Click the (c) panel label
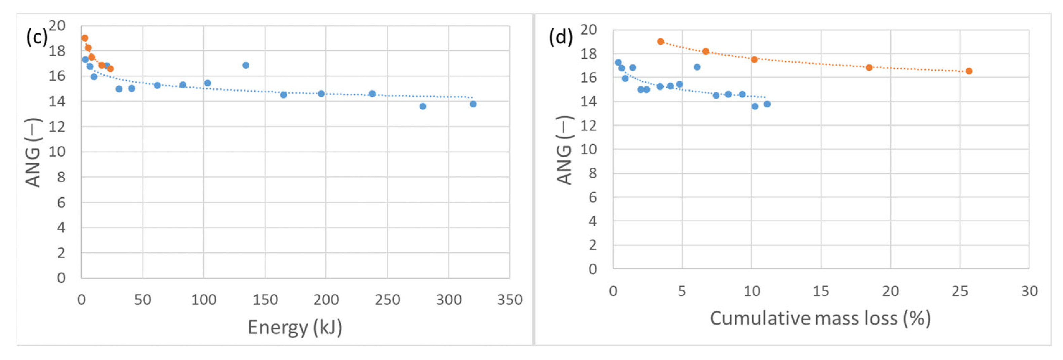(x=37, y=38)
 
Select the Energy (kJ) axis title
(x=294, y=327)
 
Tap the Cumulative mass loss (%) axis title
(x=820, y=318)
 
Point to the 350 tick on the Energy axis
(x=510, y=300)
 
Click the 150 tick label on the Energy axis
(x=265, y=300)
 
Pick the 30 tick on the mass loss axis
(x=1029, y=291)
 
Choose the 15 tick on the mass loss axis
(x=821, y=291)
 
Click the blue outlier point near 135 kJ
(x=246, y=65)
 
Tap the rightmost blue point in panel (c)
(x=473, y=104)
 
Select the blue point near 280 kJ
(x=423, y=107)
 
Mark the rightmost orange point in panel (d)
(x=969, y=71)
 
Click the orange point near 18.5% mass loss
(x=869, y=67)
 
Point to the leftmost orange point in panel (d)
(x=660, y=42)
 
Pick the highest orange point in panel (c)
(x=85, y=38)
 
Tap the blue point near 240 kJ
(x=372, y=94)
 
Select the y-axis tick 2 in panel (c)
(x=61, y=253)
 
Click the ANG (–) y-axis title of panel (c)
(x=33, y=153)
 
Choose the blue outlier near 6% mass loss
(x=697, y=67)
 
